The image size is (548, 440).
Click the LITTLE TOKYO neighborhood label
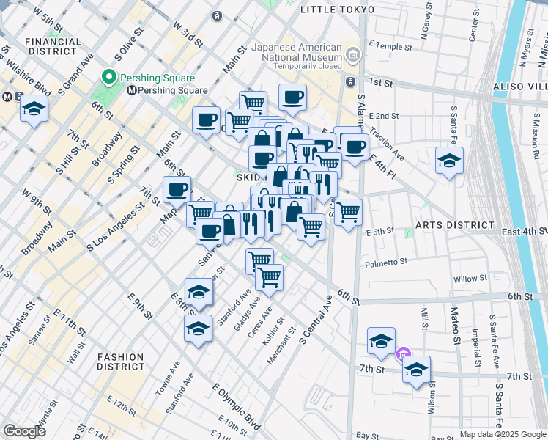(338, 10)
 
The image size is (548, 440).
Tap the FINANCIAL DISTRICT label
(53, 47)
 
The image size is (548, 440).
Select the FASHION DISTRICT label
(122, 362)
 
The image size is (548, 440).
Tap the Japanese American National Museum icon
(353, 54)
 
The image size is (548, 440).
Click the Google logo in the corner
(24, 431)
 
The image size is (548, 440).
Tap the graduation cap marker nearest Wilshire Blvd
(34, 109)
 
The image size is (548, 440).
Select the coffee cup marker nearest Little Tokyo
(292, 97)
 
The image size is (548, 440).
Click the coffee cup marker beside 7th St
(176, 190)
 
